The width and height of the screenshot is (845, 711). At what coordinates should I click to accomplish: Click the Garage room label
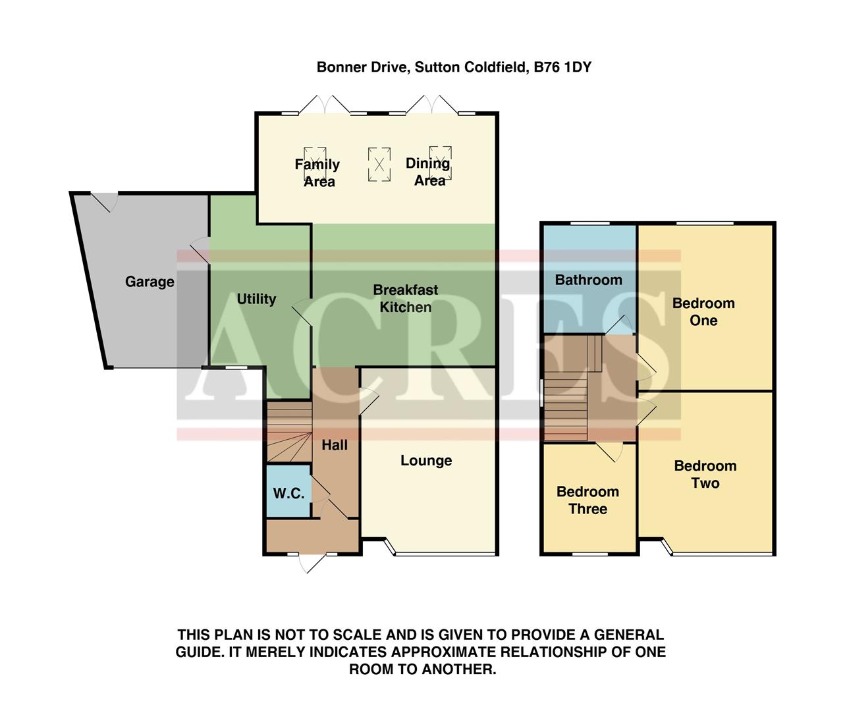point(150,282)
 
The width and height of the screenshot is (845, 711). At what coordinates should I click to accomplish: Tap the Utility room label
point(256,299)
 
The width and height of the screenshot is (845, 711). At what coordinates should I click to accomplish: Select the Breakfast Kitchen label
point(405,298)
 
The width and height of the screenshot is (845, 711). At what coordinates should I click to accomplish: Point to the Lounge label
point(426,461)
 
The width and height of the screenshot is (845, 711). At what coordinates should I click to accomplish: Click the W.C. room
point(288,492)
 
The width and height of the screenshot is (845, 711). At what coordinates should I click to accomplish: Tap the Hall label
point(335,445)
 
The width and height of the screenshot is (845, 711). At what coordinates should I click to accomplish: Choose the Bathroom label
point(588,280)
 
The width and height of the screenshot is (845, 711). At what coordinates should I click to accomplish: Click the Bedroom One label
point(703,312)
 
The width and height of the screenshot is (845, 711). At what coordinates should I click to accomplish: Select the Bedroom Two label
point(705,475)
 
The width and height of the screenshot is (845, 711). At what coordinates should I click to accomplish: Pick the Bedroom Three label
point(587,500)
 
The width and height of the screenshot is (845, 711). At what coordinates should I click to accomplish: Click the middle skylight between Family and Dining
point(379,164)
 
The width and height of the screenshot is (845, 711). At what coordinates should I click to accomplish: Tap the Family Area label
point(317,172)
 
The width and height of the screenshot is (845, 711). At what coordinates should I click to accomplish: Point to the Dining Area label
point(428,172)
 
